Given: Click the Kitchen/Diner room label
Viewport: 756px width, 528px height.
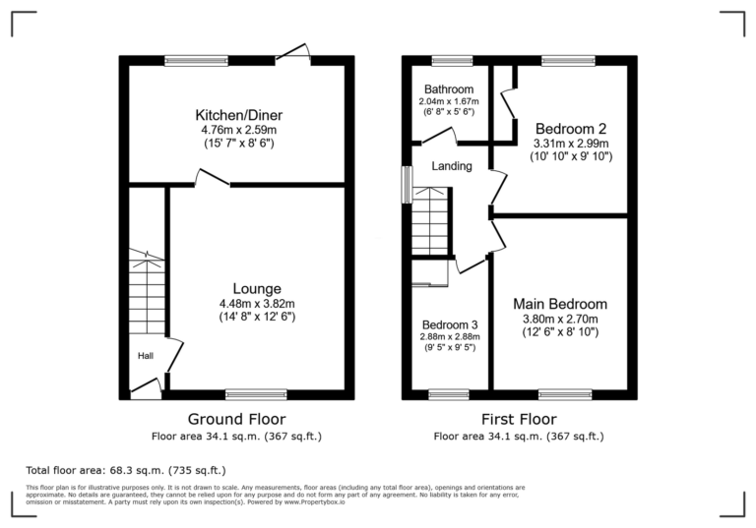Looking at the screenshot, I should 236,112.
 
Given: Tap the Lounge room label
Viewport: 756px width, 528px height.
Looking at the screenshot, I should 257,288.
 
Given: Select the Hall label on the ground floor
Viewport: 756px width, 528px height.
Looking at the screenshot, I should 145,356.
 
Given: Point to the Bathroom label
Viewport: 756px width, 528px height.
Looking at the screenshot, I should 448,89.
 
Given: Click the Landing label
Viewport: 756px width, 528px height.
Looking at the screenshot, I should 452,166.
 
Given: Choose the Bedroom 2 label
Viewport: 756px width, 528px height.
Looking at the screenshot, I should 570,129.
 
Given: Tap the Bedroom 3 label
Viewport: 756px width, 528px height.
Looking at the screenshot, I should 450,324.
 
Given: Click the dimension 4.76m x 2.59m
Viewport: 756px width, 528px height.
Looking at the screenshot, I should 236,129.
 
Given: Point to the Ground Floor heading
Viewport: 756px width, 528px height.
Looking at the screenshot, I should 236,419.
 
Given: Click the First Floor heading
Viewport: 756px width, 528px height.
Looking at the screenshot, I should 519,419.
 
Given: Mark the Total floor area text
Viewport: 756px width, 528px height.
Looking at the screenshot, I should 125,470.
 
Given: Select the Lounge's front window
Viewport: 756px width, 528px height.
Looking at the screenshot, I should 256,394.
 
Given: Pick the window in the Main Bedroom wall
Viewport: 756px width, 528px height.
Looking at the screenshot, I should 565,394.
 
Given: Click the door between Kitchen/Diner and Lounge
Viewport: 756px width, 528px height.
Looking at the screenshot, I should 213,180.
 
